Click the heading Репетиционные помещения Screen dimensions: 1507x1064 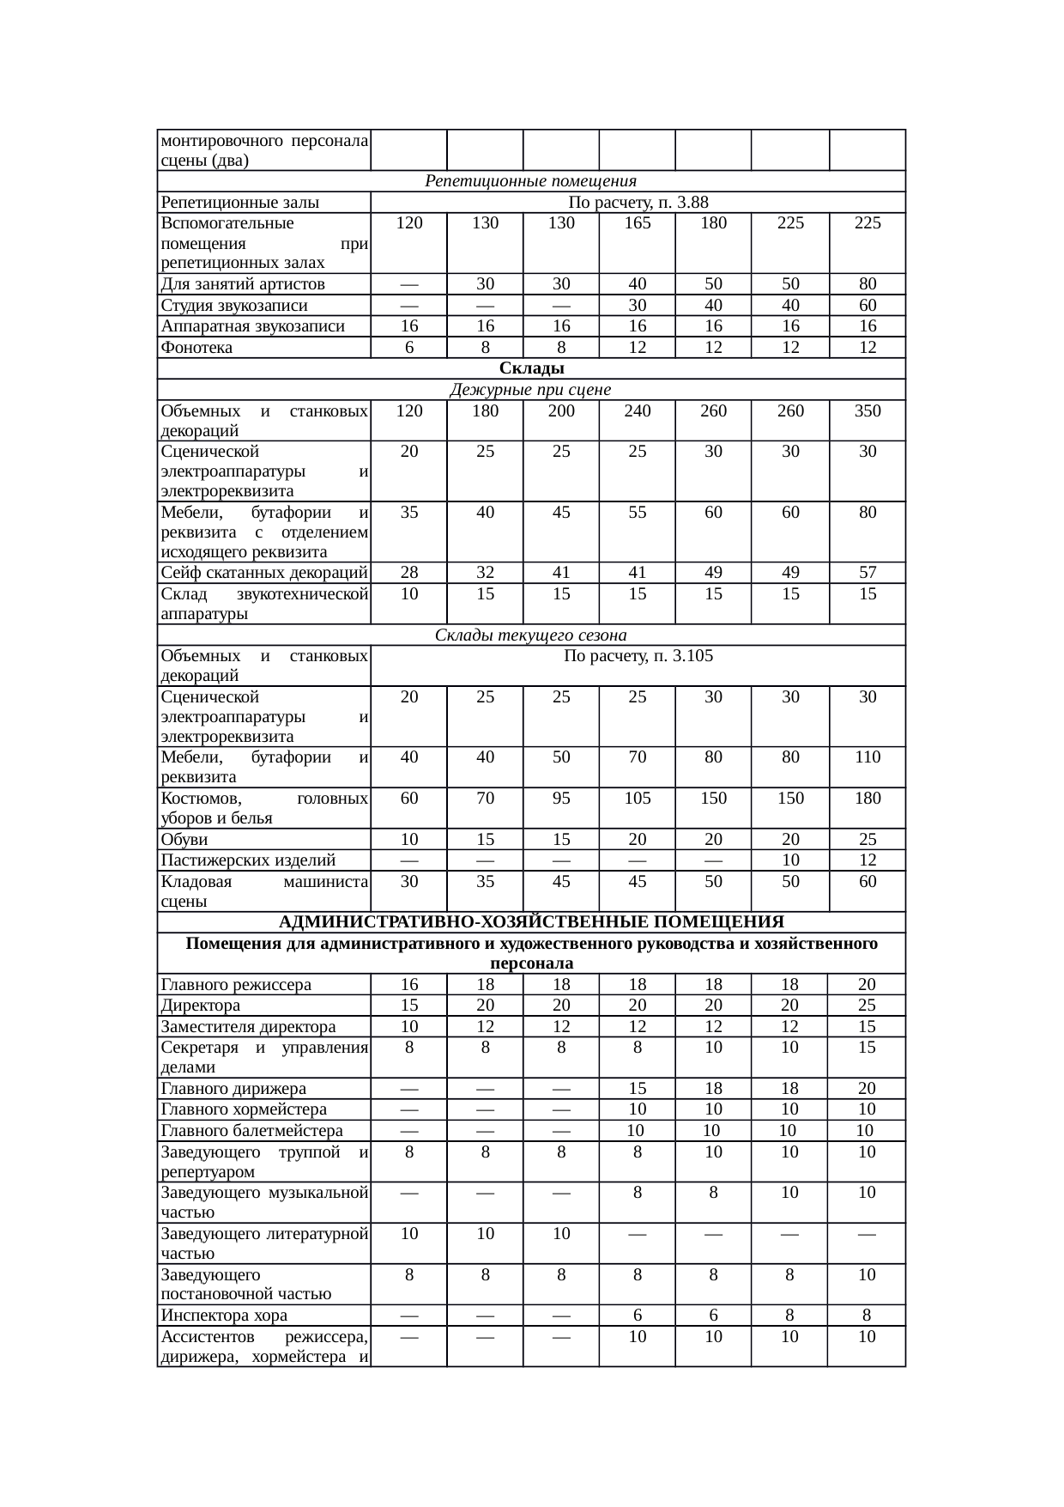point(531,181)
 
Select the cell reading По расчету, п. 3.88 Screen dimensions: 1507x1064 point(638,203)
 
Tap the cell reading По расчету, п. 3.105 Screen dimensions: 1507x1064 point(638,656)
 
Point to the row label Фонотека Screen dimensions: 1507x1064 point(196,348)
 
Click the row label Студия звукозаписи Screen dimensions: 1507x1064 point(234,306)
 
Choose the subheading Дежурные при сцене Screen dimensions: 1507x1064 point(531,390)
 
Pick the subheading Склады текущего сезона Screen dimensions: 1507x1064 point(531,635)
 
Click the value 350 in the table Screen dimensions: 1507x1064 point(868,410)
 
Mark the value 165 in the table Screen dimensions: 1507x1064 point(638,223)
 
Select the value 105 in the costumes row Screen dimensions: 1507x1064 point(638,798)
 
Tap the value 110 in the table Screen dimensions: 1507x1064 point(868,757)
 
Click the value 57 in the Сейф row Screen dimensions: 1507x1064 point(868,573)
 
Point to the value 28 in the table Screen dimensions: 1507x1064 point(409,573)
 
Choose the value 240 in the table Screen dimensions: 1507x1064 point(638,410)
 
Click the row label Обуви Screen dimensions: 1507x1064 point(184,840)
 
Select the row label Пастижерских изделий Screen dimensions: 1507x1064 point(248,860)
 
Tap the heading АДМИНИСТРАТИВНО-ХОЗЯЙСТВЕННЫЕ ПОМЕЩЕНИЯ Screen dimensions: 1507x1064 point(531,922)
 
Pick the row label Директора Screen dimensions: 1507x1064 point(201,1006)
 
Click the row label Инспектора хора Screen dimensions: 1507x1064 point(224,1316)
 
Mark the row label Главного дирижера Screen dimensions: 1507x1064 point(233,1089)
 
